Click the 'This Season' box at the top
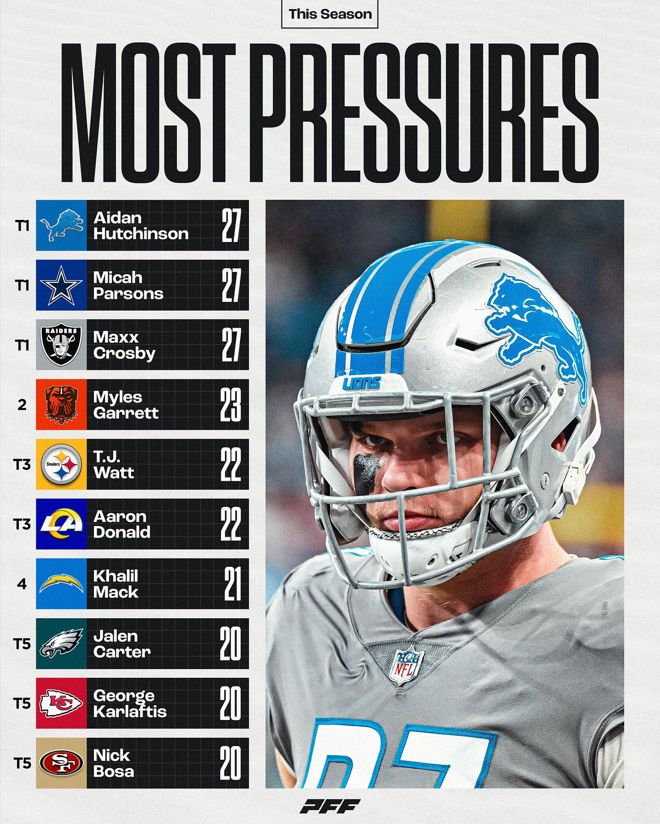coord(330,14)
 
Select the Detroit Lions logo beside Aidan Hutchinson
coord(61,225)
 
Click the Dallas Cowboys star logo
coord(61,285)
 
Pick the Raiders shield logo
coord(61,345)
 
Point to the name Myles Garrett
coord(126,405)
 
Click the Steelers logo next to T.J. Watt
coord(61,464)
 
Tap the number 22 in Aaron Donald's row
coord(230,524)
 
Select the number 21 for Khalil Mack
coord(232,584)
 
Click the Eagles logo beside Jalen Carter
coord(61,643)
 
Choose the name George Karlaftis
coord(129,703)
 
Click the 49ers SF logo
coord(61,763)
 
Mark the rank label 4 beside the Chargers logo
coord(22,584)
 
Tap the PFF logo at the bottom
coord(330,806)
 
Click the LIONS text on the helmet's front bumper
coord(362,383)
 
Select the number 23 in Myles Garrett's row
coord(230,405)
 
